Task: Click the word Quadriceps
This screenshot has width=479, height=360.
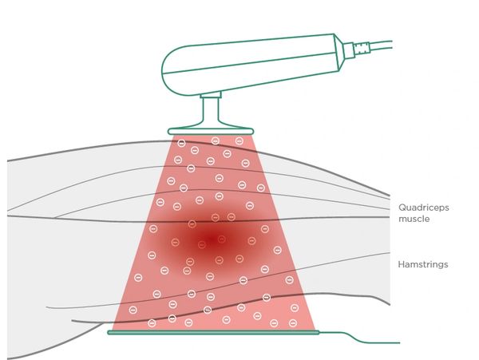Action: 424,207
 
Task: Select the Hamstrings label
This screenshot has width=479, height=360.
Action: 422,263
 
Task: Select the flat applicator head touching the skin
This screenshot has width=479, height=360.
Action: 211,131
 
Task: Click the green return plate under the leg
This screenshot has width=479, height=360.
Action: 213,331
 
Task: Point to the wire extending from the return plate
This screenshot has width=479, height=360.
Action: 359,338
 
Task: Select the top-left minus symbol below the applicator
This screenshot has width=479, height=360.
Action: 181,144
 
